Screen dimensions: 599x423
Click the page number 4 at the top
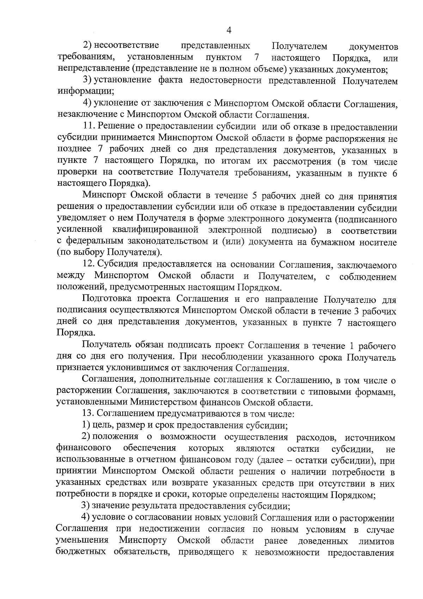pos(228,31)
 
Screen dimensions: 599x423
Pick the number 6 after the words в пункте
pos(394,173)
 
